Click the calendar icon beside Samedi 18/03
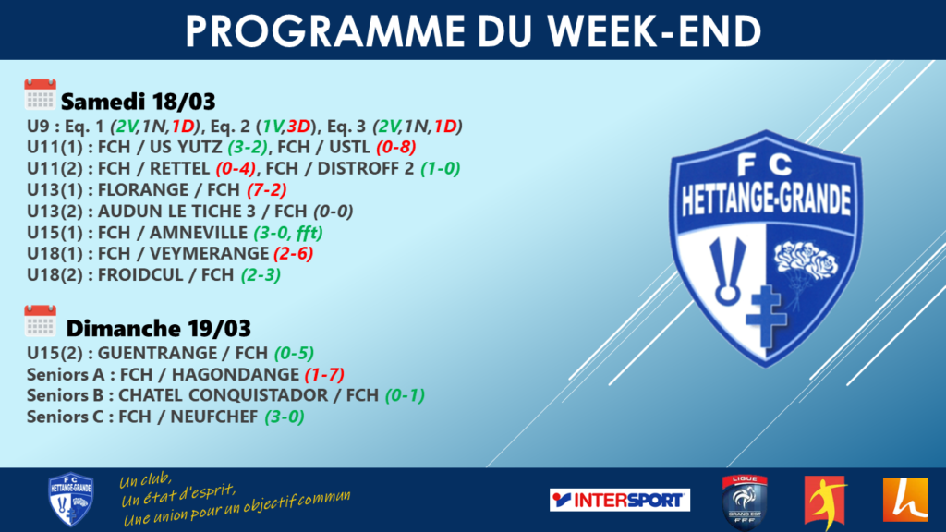(x=40, y=94)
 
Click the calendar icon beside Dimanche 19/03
(x=40, y=320)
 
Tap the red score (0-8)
(x=395, y=147)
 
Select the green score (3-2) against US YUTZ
(x=248, y=147)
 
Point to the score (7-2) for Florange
(x=267, y=190)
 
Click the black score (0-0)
(x=333, y=212)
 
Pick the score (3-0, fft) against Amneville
(x=288, y=232)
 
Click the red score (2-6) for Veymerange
(x=293, y=253)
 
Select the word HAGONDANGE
(x=236, y=375)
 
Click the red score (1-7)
(x=324, y=375)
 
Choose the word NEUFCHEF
(x=214, y=417)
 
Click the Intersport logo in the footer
(x=620, y=500)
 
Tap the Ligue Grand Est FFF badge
(x=745, y=502)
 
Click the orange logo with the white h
(x=905, y=500)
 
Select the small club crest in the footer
(x=70, y=500)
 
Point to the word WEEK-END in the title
(x=655, y=30)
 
